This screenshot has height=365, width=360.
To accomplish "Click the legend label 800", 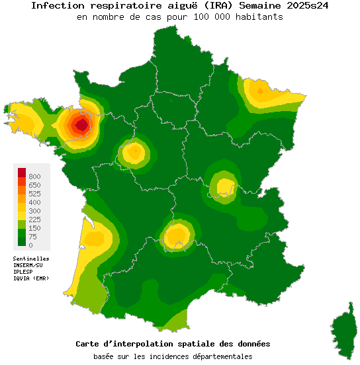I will point(34,177).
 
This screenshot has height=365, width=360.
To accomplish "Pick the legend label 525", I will point(34,194).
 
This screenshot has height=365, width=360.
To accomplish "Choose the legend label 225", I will point(34,220).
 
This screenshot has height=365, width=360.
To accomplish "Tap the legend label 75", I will point(32,237).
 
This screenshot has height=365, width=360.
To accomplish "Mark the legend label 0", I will point(30,245).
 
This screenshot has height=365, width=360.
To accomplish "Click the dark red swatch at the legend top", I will point(22,172).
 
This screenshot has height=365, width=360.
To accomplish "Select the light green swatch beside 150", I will point(22,227).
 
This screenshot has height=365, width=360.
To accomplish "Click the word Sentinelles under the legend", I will point(31,259).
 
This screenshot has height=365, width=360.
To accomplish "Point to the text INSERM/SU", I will point(28,265).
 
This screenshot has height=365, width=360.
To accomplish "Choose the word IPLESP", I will point(23,272).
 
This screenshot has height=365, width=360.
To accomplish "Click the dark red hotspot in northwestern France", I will point(81,124).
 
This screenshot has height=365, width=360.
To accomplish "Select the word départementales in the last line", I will point(219,356).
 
